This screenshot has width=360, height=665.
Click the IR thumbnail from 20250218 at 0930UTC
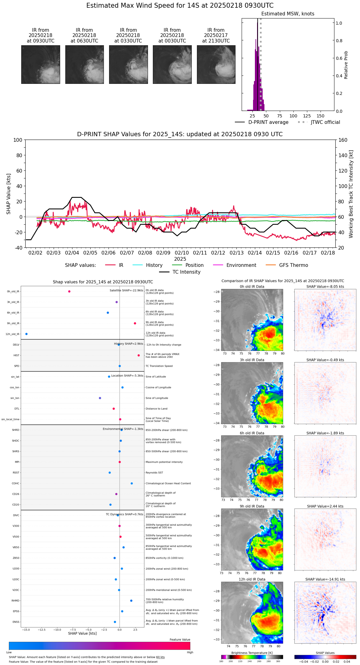[x=40, y=64]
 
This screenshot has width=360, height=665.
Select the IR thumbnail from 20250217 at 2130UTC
[x=216, y=64]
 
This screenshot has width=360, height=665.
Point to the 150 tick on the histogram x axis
[x=321, y=116]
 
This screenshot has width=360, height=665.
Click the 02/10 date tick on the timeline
[x=182, y=253]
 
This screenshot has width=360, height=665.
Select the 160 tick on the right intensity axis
[x=343, y=140]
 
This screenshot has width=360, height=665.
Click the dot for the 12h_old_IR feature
[x=27, y=334]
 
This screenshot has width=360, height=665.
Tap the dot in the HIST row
[x=139, y=355]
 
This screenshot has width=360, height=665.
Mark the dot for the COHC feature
[x=132, y=483]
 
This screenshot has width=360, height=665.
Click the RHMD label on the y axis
[x=15, y=601]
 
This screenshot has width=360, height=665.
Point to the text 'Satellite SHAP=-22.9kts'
[x=126, y=290]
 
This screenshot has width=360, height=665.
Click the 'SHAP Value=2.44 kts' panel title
[x=325, y=506]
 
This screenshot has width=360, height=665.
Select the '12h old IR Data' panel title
[x=252, y=579]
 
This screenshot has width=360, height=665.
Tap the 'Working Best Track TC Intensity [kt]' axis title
[x=351, y=194]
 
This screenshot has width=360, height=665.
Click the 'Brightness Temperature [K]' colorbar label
[x=252, y=653]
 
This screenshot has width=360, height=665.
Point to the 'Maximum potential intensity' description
[x=164, y=462]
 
